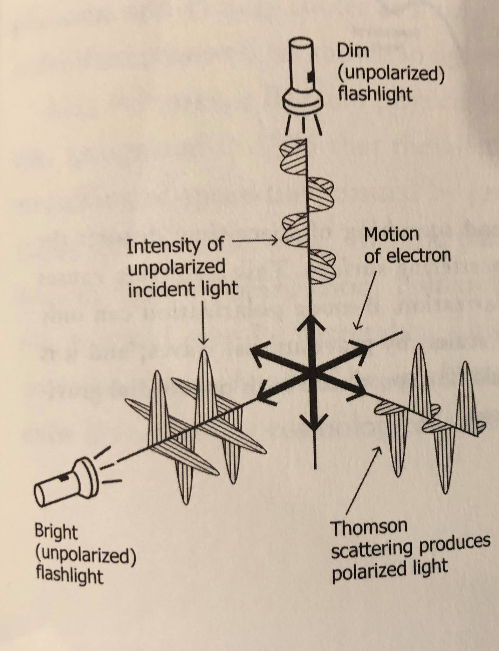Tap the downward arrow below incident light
[x=203, y=321]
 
